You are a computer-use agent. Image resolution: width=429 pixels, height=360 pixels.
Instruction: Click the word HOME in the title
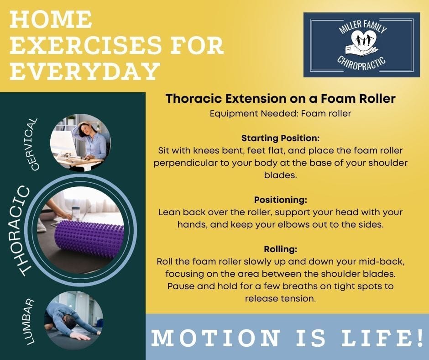pos(51,19)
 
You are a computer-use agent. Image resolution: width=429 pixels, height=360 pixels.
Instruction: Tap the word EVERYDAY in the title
pos(85,71)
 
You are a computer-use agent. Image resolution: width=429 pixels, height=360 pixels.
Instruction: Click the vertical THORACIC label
pos(22,231)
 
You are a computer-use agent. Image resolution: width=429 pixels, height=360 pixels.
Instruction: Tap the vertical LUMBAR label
pos(30,321)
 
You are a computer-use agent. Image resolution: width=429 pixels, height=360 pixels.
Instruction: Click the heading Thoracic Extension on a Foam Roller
pos(280,99)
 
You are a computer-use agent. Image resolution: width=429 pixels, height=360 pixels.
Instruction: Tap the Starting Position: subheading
pos(280,138)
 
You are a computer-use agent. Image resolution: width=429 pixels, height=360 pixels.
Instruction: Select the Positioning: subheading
pos(280,200)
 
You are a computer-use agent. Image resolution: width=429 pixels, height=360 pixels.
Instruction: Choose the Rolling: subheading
pos(280,249)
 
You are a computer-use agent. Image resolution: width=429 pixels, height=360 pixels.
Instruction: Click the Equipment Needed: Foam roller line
pos(280,113)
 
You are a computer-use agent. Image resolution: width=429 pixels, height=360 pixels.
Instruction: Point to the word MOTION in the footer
pos(216,338)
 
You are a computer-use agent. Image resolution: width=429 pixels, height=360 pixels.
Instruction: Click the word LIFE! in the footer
pos(382,338)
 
